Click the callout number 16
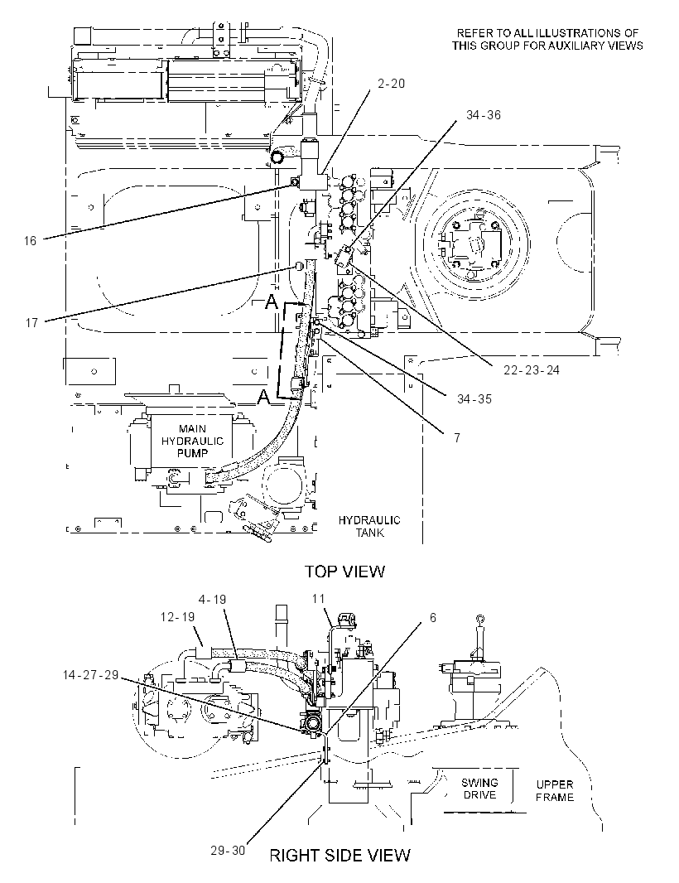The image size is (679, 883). tap(30, 241)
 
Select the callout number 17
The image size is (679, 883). tap(31, 323)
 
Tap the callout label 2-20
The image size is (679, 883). tap(392, 84)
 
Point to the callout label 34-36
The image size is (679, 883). tap(483, 115)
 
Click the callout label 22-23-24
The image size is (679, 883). tap(532, 370)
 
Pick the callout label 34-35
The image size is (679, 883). tap(474, 399)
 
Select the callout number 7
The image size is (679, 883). tap(457, 437)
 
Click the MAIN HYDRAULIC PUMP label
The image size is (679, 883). tap(193, 441)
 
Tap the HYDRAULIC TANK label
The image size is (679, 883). tap(369, 526)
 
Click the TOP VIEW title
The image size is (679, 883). tap(345, 572)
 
